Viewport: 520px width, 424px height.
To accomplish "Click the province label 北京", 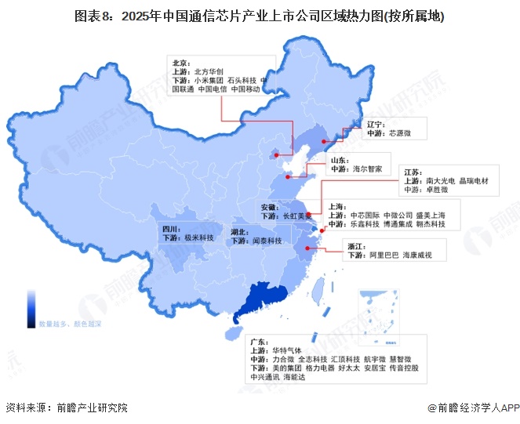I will [180, 61].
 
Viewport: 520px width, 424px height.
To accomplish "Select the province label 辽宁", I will [376, 124].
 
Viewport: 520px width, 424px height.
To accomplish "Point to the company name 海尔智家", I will [367, 168].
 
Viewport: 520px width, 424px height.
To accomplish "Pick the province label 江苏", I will [413, 171].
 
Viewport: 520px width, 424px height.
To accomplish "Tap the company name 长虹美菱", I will [298, 216].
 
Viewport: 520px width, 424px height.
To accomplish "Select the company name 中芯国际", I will [365, 215].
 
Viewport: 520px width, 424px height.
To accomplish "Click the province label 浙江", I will [356, 246].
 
